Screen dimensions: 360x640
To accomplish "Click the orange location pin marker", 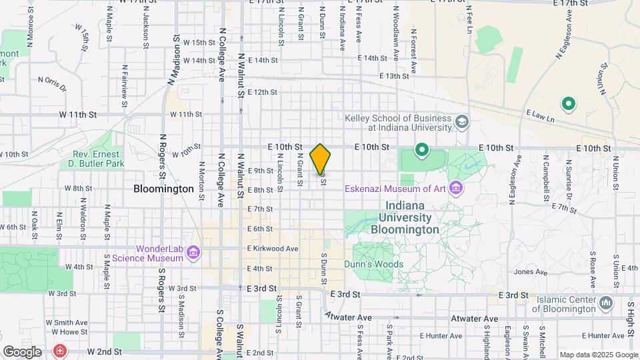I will pos(321,159).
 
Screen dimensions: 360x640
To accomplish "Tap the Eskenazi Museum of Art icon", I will pos(456,188).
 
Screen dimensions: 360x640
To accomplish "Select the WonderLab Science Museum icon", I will pos(193,252).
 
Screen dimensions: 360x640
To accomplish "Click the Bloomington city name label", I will pos(163,189).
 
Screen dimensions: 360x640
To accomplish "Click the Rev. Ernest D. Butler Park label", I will pos(99,159).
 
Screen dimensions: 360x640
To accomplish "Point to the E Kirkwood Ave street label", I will pos(273,249).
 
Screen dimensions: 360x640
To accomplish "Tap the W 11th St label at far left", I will pos(78,115).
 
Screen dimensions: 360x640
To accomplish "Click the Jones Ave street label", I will pos(531,271).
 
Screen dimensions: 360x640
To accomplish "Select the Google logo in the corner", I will pos(22,351).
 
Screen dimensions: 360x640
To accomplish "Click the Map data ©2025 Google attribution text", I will pos(598,355).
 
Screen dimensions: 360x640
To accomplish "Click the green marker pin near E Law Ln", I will pos(569,103).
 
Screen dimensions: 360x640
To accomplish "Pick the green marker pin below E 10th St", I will pos(421,151).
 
